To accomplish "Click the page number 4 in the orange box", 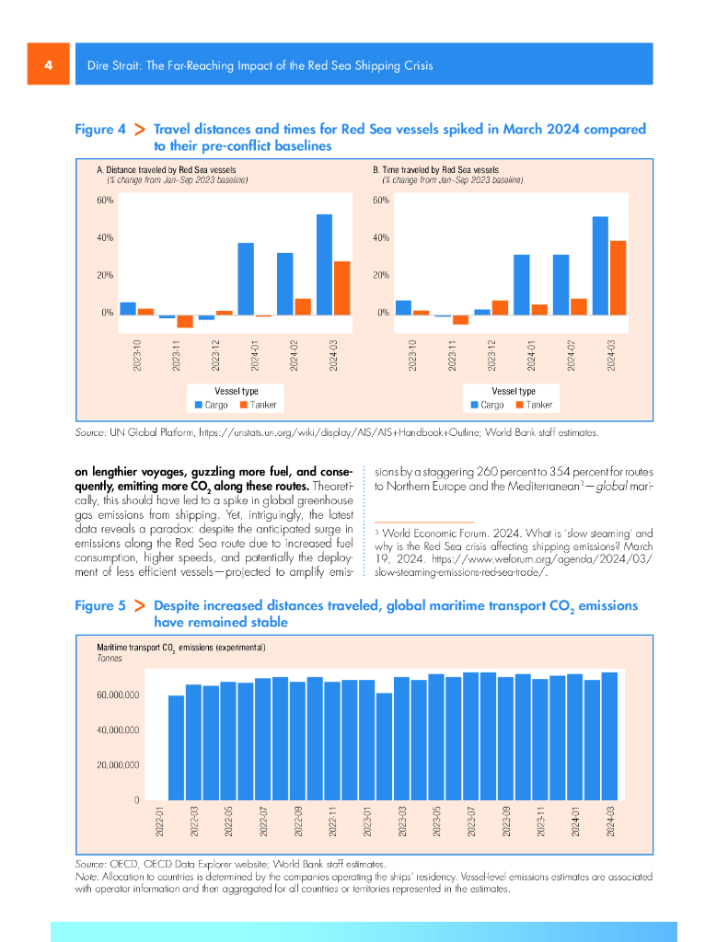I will pyautogui.click(x=48, y=65).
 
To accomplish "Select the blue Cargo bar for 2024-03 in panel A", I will pyautogui.click(x=324, y=264).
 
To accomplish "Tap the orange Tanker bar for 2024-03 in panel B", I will pyautogui.click(x=618, y=277).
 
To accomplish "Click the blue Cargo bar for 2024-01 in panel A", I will pyautogui.click(x=246, y=279).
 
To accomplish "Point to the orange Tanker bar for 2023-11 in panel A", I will pyautogui.click(x=185, y=321).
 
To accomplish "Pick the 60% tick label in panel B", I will pyautogui.click(x=382, y=200).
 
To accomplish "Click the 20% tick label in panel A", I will pyautogui.click(x=105, y=275).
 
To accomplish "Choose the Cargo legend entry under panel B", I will pyautogui.click(x=487, y=405).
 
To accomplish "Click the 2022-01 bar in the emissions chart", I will pyautogui.click(x=176, y=747).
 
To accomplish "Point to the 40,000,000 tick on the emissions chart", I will pyautogui.click(x=116, y=730).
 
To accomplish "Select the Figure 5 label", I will pyautogui.click(x=99, y=606).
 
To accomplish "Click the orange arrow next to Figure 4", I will pyautogui.click(x=140, y=130).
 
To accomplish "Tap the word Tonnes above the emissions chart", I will pyautogui.click(x=110, y=659).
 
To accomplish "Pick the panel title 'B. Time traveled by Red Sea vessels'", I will pyautogui.click(x=435, y=170).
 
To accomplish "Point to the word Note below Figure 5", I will pyautogui.click(x=86, y=878).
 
